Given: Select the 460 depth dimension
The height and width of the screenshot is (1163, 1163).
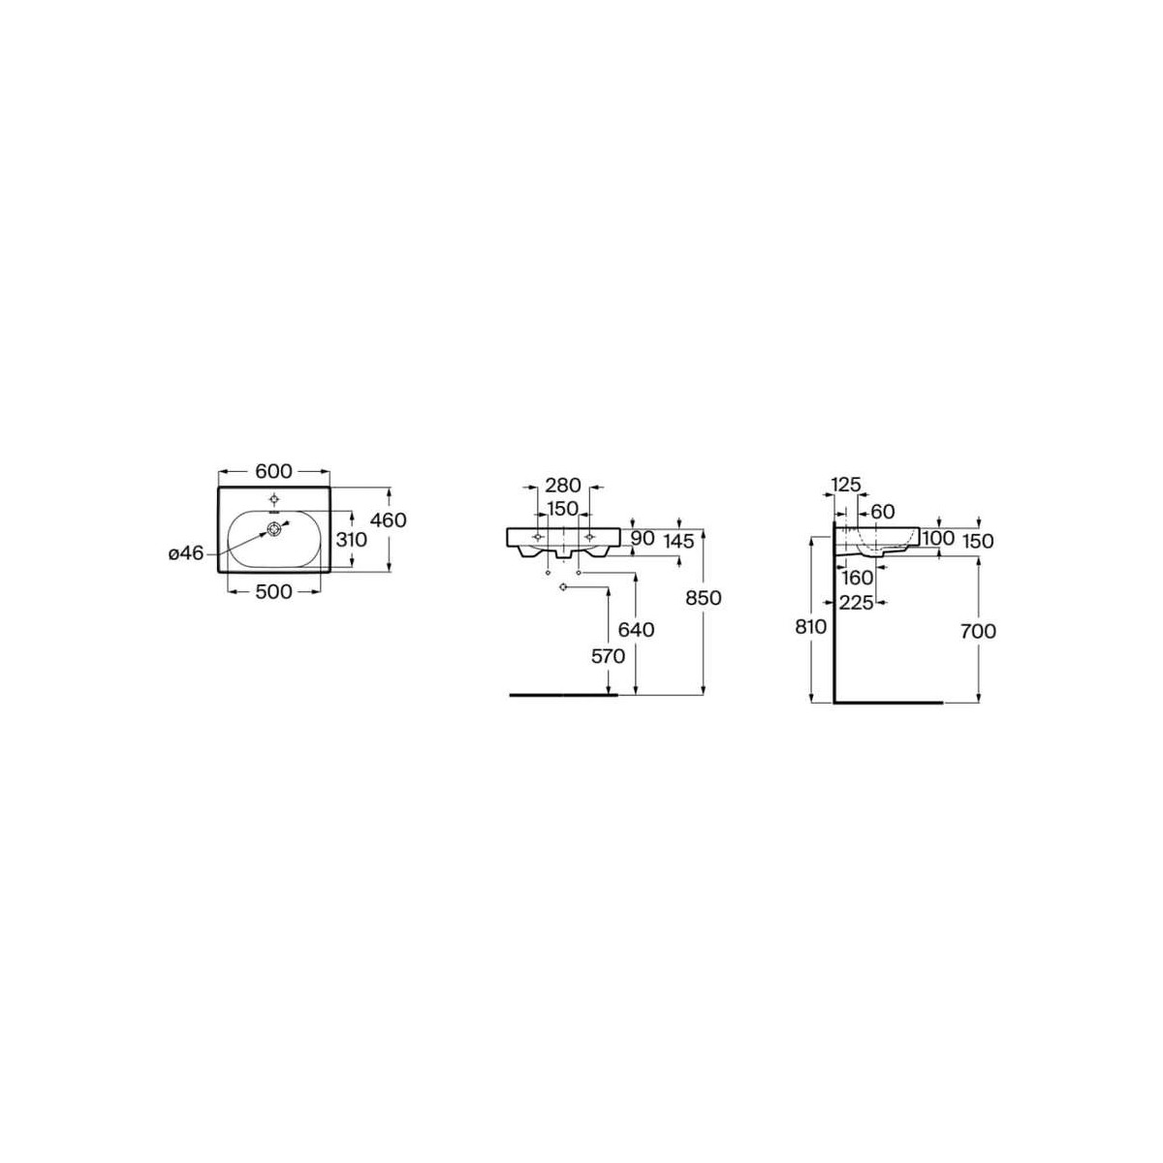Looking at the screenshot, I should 389,520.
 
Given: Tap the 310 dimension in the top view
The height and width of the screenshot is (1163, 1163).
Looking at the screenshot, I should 350,539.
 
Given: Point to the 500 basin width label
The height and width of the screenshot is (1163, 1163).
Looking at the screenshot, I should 274,591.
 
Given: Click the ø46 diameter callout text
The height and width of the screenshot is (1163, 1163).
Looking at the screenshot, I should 185,553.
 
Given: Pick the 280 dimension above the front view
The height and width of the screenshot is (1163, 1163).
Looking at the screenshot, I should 562,485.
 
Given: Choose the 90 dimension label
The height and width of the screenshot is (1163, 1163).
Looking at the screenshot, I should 644,538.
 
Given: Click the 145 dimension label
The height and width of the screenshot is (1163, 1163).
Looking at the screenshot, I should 679,541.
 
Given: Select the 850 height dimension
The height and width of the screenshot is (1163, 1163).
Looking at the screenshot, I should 704,599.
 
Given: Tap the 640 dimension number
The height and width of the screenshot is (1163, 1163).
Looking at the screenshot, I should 636,630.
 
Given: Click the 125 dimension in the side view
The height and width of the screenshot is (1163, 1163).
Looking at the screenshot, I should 846,485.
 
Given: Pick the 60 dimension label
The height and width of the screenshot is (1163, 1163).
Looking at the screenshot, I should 882,511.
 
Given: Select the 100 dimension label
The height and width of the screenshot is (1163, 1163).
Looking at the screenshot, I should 938,538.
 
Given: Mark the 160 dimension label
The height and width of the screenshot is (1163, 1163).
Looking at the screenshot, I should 858,578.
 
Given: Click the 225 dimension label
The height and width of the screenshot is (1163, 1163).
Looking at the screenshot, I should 858,603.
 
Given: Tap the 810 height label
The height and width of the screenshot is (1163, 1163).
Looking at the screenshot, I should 810,627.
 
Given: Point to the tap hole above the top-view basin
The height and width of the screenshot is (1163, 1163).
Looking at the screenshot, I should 275,499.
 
